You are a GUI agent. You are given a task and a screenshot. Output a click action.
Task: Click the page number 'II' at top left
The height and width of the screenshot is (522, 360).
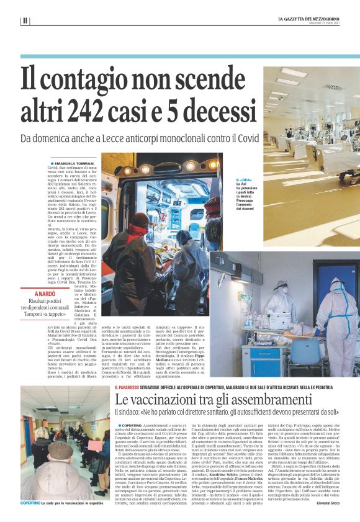(x=25, y=20)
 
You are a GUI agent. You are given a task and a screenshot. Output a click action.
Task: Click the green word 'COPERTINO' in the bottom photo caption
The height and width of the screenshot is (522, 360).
(x=30, y=502)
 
